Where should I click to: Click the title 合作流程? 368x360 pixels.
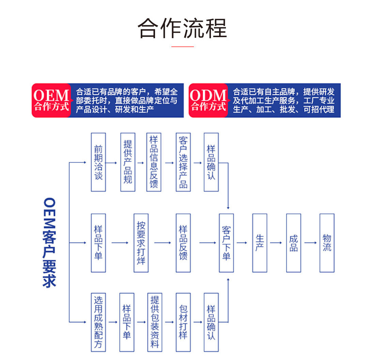(x=182, y=28)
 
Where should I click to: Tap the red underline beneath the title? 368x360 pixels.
(x=182, y=46)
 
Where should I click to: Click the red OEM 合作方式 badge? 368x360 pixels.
(x=51, y=100)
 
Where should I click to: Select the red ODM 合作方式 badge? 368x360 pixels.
(x=208, y=100)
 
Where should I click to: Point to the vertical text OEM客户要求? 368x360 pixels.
(x=49, y=243)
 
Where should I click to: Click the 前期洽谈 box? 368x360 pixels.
(x=98, y=162)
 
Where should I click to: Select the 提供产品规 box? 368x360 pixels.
(x=128, y=162)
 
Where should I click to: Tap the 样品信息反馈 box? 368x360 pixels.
(x=154, y=162)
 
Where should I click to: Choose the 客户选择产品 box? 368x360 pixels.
(x=183, y=162)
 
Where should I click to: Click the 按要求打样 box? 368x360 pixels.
(x=141, y=243)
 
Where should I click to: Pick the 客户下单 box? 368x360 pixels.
(x=226, y=243)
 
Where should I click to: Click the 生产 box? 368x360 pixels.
(x=260, y=243)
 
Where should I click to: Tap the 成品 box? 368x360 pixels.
(x=294, y=243)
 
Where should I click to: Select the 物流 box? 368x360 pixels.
(x=327, y=243)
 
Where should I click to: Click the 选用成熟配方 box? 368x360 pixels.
(x=98, y=322)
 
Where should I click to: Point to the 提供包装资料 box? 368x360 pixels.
(x=155, y=322)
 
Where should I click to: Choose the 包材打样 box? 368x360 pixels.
(x=183, y=322)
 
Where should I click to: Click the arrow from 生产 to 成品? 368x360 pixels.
(x=276, y=243)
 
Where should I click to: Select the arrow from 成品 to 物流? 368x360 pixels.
(x=310, y=243)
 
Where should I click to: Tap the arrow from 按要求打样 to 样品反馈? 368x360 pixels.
(x=163, y=243)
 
